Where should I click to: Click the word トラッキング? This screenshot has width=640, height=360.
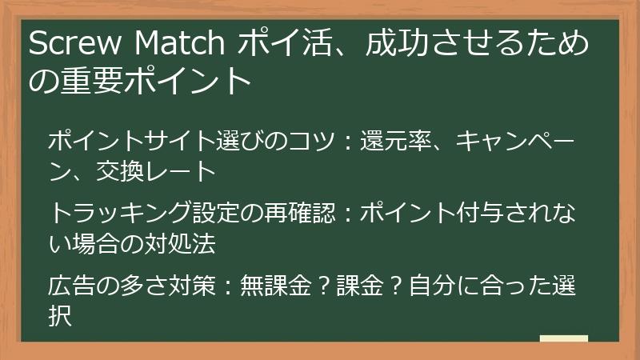120,214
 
